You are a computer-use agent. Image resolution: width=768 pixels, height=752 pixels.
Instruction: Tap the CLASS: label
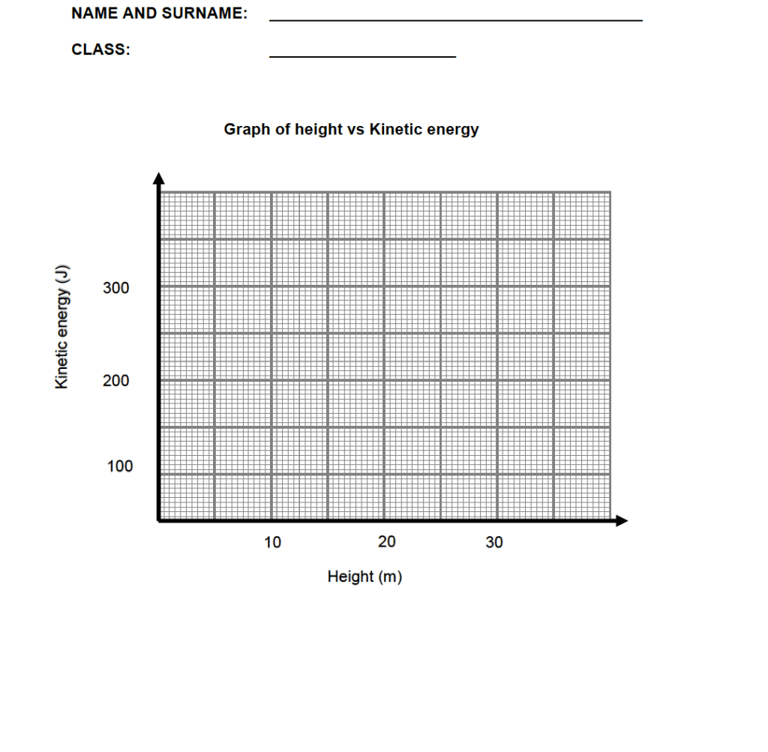tap(100, 50)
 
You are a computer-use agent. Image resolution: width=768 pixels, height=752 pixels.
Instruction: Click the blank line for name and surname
tap(455, 19)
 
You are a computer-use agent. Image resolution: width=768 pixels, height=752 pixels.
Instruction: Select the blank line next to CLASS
tap(362, 56)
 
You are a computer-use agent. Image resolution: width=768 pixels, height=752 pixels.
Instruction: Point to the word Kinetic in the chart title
tap(396, 130)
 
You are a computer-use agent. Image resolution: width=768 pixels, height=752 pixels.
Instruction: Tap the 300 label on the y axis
tap(116, 289)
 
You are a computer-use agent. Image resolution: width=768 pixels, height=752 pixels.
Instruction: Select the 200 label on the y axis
tap(116, 381)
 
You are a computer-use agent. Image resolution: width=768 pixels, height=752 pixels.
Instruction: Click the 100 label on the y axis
tap(119, 466)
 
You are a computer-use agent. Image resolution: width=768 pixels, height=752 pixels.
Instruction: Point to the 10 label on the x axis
tap(273, 542)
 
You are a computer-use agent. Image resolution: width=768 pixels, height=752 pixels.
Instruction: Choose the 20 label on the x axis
tap(387, 542)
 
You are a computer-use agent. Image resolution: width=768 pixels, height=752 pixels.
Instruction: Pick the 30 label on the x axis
tap(494, 542)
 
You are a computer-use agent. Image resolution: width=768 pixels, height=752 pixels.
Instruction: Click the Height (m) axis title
tap(364, 577)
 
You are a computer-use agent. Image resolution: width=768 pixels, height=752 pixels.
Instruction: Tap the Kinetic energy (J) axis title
tap(63, 326)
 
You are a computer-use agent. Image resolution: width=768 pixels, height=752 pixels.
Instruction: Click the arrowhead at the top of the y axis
tap(158, 178)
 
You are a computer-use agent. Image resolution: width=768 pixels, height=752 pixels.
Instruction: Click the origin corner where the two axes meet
tap(159, 519)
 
